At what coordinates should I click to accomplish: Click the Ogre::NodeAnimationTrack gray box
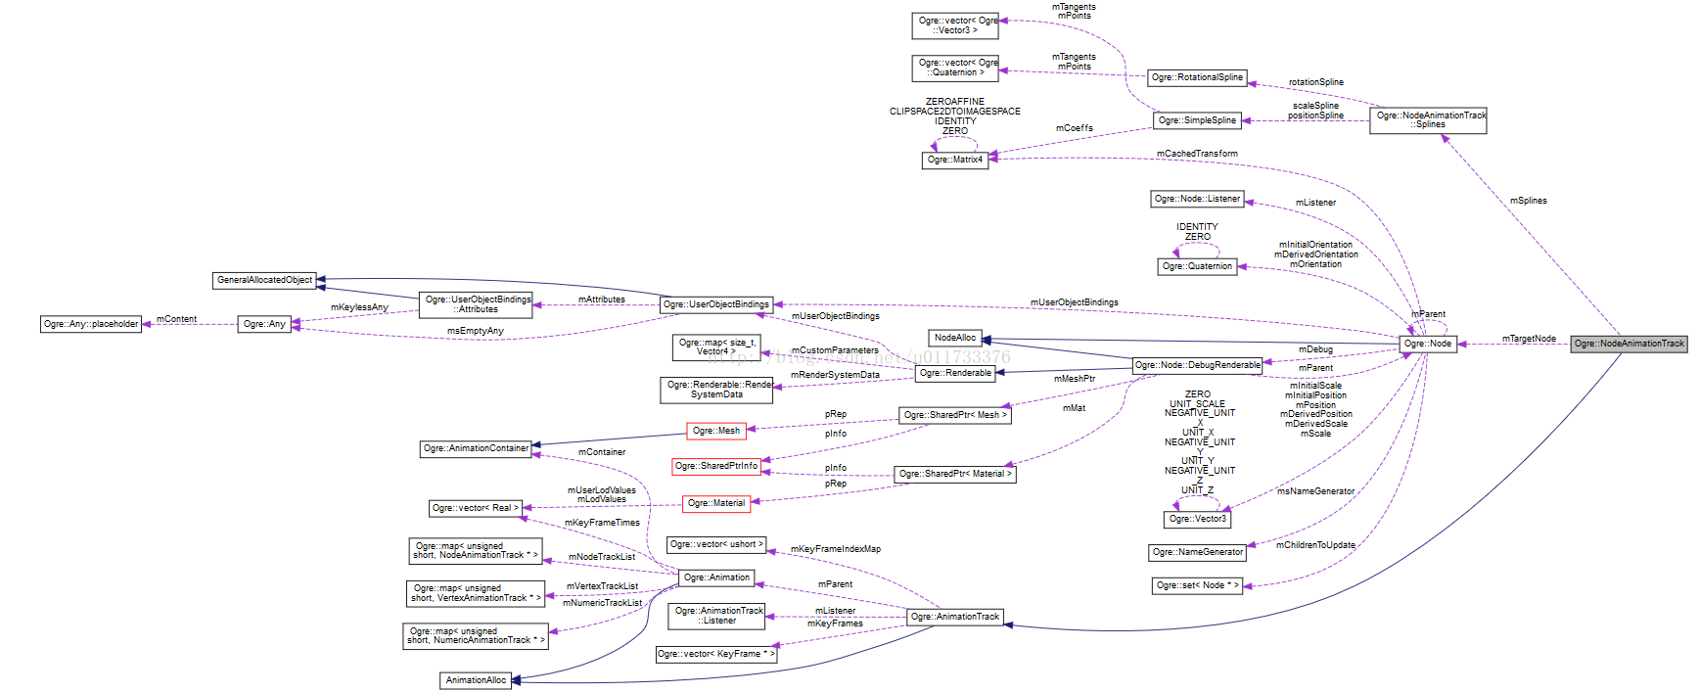coord(1629,344)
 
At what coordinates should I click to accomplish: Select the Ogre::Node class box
coord(1427,344)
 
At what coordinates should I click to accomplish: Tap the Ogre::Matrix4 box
coord(955,160)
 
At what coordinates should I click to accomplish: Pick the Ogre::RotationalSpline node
coord(1197,77)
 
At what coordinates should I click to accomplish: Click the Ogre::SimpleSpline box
coord(1197,120)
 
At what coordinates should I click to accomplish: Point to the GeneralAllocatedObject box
coord(264,280)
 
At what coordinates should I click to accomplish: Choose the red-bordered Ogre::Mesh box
coord(716,431)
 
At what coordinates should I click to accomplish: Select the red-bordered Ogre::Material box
coord(716,503)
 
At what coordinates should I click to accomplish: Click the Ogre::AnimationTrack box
coord(954,617)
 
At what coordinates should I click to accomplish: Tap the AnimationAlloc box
coord(476,680)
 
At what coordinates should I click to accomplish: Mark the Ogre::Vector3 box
coord(1197,519)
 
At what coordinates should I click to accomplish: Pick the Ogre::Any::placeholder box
coord(91,324)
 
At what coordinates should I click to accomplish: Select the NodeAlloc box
coord(954,338)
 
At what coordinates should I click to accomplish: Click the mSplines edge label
coord(1528,201)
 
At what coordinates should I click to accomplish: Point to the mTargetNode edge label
coord(1529,339)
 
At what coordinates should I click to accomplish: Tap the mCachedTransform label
coord(1197,154)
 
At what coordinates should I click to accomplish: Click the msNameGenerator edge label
coord(1315,491)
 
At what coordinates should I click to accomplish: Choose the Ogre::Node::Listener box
coord(1197,199)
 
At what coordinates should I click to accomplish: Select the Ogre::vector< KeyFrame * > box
coord(716,654)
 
